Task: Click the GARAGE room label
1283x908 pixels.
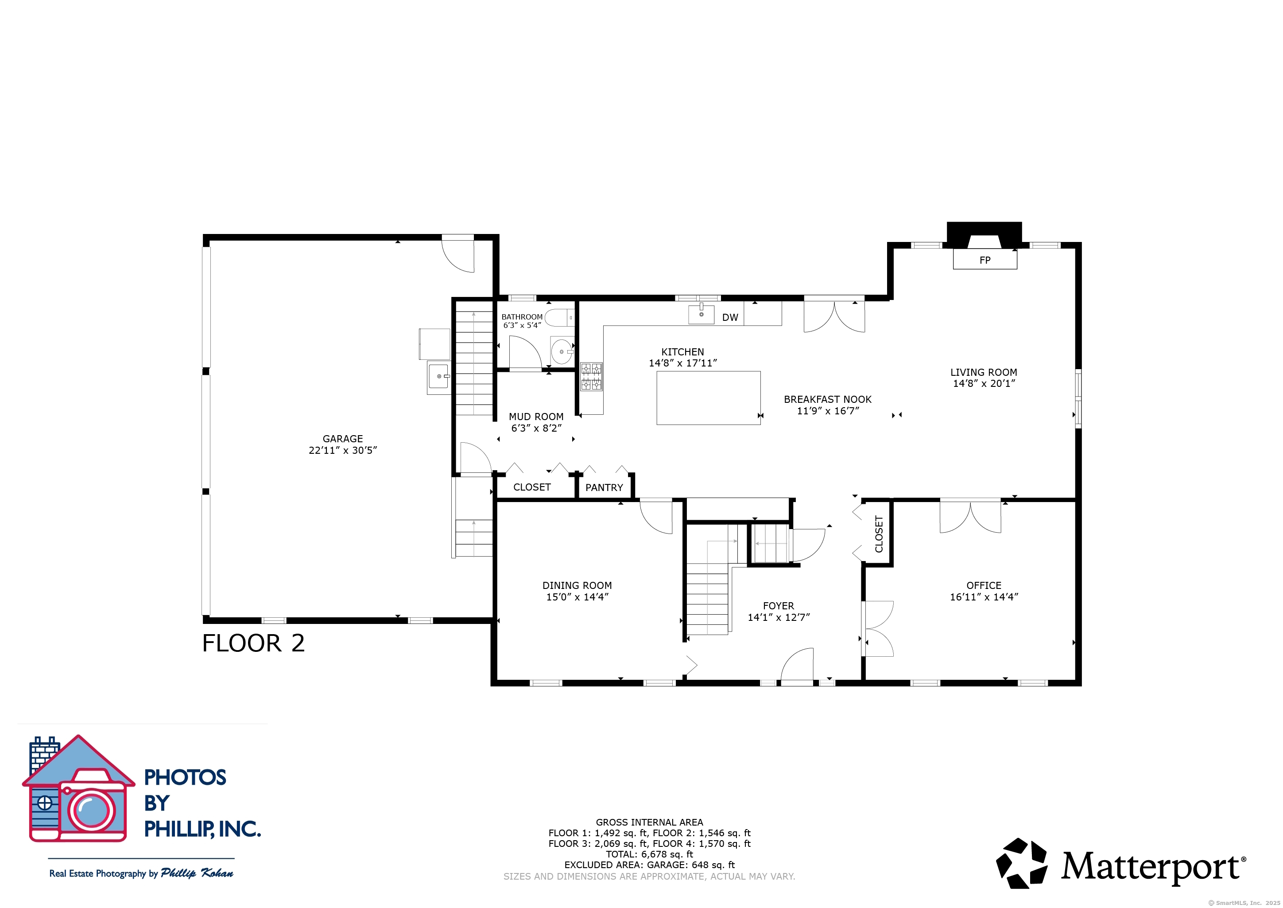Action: (x=342, y=439)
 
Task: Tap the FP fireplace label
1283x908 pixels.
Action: (x=985, y=260)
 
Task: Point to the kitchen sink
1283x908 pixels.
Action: (x=702, y=314)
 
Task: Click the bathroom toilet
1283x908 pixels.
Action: (x=559, y=318)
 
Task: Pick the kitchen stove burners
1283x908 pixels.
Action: (x=591, y=376)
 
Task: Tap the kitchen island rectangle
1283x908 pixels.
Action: (x=709, y=398)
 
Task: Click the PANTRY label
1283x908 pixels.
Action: (x=604, y=487)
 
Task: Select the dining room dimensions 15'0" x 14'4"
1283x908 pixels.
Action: (x=577, y=597)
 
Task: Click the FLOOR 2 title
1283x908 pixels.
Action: (x=253, y=643)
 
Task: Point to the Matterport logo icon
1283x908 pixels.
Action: (x=1021, y=863)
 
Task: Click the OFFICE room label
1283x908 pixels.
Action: (x=984, y=585)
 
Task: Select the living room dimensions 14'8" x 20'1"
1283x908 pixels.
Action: (x=984, y=384)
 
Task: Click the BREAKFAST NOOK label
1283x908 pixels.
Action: (x=828, y=399)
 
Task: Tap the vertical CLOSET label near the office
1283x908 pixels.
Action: (x=879, y=534)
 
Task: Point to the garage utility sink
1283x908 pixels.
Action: (x=439, y=378)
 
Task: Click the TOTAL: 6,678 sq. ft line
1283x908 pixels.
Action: (x=649, y=854)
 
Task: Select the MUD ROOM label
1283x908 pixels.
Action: (x=536, y=417)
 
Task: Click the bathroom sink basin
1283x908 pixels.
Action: (x=562, y=351)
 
